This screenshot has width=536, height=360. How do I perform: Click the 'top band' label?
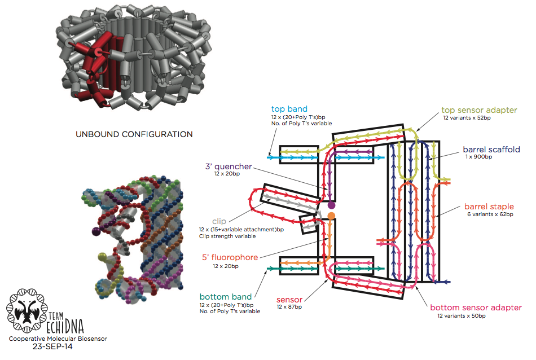(x=289, y=109)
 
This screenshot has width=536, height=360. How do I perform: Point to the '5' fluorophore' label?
(x=230, y=257)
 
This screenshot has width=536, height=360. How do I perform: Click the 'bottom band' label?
(x=225, y=297)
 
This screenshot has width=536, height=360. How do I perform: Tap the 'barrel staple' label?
(x=489, y=207)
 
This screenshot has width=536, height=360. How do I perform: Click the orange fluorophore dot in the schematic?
(x=331, y=216)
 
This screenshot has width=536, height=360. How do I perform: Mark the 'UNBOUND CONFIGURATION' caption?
(x=134, y=134)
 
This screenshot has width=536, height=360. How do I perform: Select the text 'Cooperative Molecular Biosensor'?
(x=57, y=339)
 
